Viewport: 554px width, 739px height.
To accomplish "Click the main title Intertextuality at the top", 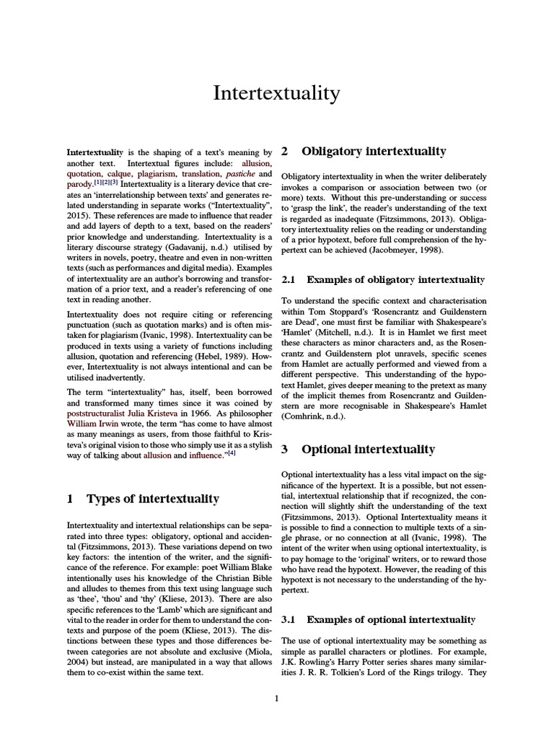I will pyautogui.click(x=276, y=93).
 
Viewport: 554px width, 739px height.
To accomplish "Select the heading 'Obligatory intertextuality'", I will pyautogui.click(x=374, y=152).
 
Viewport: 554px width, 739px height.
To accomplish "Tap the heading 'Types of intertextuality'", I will pyautogui.click(x=153, y=498).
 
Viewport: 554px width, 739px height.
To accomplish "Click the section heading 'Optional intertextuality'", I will pyautogui.click(x=368, y=450).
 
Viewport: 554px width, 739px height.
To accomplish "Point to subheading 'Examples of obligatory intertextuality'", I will pyautogui.click(x=395, y=279).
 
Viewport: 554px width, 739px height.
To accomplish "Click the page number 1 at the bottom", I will pyautogui.click(x=276, y=698).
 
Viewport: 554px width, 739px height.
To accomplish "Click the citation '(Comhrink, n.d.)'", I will pyautogui.click(x=315, y=416).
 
